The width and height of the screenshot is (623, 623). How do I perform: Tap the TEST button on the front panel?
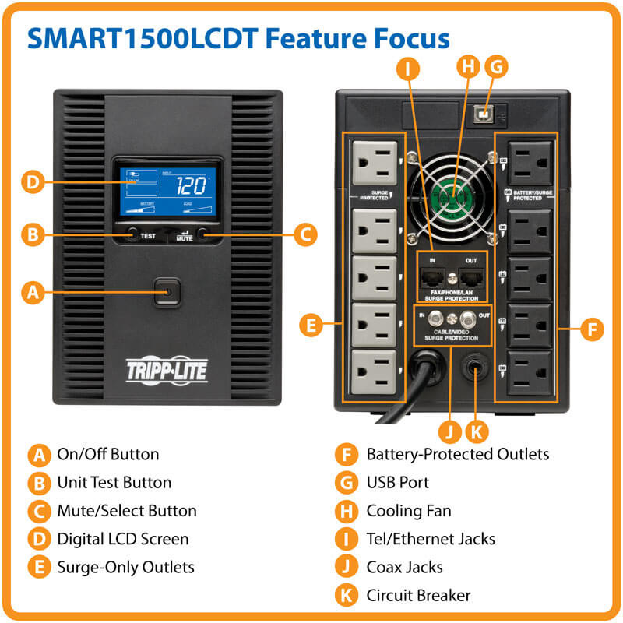[133, 232]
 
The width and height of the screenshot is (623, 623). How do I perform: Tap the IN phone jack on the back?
[429, 276]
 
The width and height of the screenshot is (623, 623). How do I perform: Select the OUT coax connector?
[467, 319]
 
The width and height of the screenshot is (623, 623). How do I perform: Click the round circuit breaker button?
[474, 368]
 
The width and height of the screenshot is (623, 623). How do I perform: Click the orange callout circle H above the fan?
[468, 67]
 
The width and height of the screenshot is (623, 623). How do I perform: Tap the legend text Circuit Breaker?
[418, 596]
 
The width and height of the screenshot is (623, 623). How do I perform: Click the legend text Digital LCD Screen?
[122, 539]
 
